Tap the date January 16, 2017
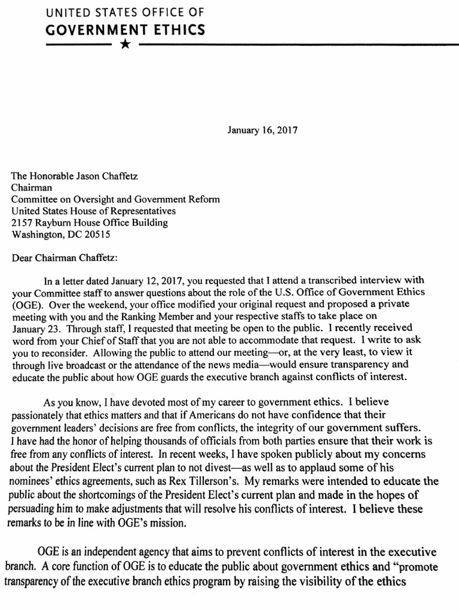(263, 129)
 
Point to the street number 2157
(23, 223)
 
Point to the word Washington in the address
(38, 234)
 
